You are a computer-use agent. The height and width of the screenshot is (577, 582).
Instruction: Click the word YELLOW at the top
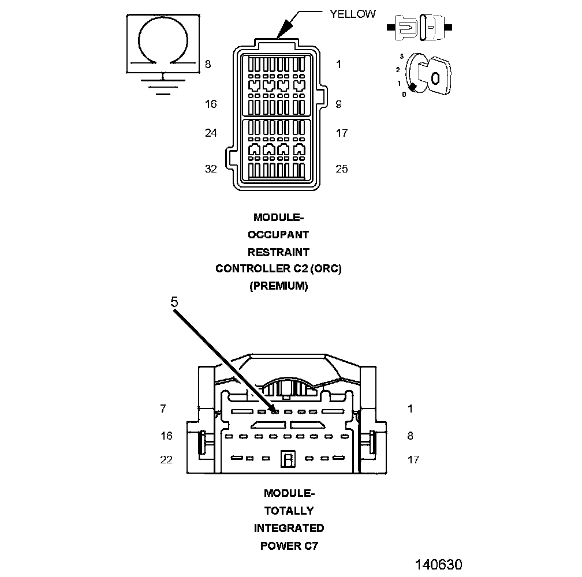[x=352, y=14]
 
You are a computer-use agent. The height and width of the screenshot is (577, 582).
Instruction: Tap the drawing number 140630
[x=438, y=564]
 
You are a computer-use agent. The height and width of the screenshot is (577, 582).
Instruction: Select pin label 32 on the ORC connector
[x=211, y=168]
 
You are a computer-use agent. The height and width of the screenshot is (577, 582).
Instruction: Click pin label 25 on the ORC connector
[x=342, y=168]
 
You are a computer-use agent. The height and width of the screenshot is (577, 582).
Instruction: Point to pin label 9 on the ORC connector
[x=338, y=104]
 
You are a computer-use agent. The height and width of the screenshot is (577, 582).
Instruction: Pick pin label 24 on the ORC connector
[x=211, y=133]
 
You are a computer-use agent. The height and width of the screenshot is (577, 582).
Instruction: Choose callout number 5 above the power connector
[x=174, y=301]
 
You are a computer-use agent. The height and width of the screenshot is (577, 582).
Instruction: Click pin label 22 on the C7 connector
[x=166, y=459]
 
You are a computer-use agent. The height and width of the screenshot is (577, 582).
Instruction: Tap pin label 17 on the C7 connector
[x=413, y=459]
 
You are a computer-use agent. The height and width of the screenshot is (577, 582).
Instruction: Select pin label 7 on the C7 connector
[x=163, y=409]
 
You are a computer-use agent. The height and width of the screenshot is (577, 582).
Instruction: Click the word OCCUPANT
[x=278, y=235]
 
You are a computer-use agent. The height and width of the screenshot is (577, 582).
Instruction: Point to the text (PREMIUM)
[x=278, y=286]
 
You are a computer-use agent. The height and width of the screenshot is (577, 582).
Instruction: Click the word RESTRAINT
[x=278, y=252]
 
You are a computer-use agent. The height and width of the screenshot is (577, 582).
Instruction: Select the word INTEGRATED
[x=289, y=528]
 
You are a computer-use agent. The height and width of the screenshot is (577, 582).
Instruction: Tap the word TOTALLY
[x=289, y=511]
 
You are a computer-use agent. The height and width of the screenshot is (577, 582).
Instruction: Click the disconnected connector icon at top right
[x=423, y=27]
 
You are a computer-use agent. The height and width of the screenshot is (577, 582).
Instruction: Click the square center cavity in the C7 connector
[x=288, y=459]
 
